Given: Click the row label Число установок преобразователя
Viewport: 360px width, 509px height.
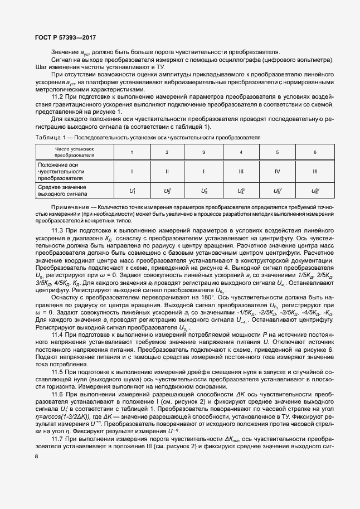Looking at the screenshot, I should pos(74,152).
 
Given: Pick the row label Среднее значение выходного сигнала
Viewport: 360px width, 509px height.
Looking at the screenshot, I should pos(62,191).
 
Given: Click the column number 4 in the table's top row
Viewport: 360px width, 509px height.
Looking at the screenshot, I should pos(241,152).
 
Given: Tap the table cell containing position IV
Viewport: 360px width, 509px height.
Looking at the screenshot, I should pos(278,171).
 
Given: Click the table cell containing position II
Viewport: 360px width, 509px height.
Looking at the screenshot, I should pos(167,171).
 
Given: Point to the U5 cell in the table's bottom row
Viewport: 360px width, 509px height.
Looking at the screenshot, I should pos(278,191).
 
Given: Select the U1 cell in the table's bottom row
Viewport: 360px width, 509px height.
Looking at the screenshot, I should pos(132,191).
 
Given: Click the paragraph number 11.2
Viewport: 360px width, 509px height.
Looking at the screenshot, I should pos(58,96).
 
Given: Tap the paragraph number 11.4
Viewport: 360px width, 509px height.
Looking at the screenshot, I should pos(58,334).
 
